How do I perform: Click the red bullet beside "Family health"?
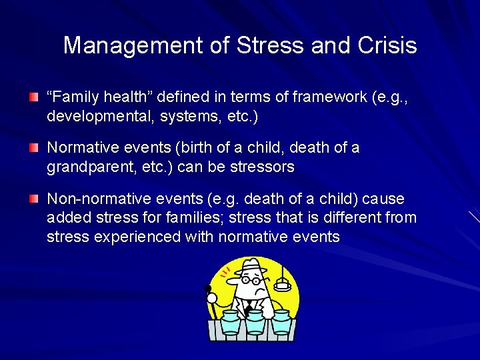pyautogui.click(x=33, y=97)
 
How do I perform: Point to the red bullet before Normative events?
pyautogui.click(x=33, y=147)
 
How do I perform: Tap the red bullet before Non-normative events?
pyautogui.click(x=33, y=199)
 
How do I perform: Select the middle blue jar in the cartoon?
pyautogui.click(x=253, y=323)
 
